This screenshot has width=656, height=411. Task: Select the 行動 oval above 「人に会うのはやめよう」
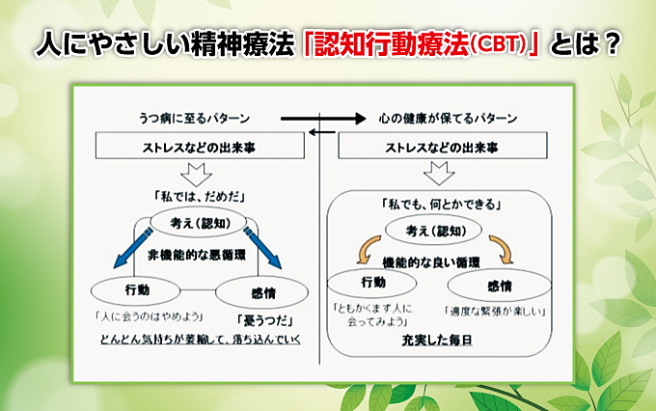137,289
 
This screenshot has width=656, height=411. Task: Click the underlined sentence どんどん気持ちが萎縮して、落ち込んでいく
200,340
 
